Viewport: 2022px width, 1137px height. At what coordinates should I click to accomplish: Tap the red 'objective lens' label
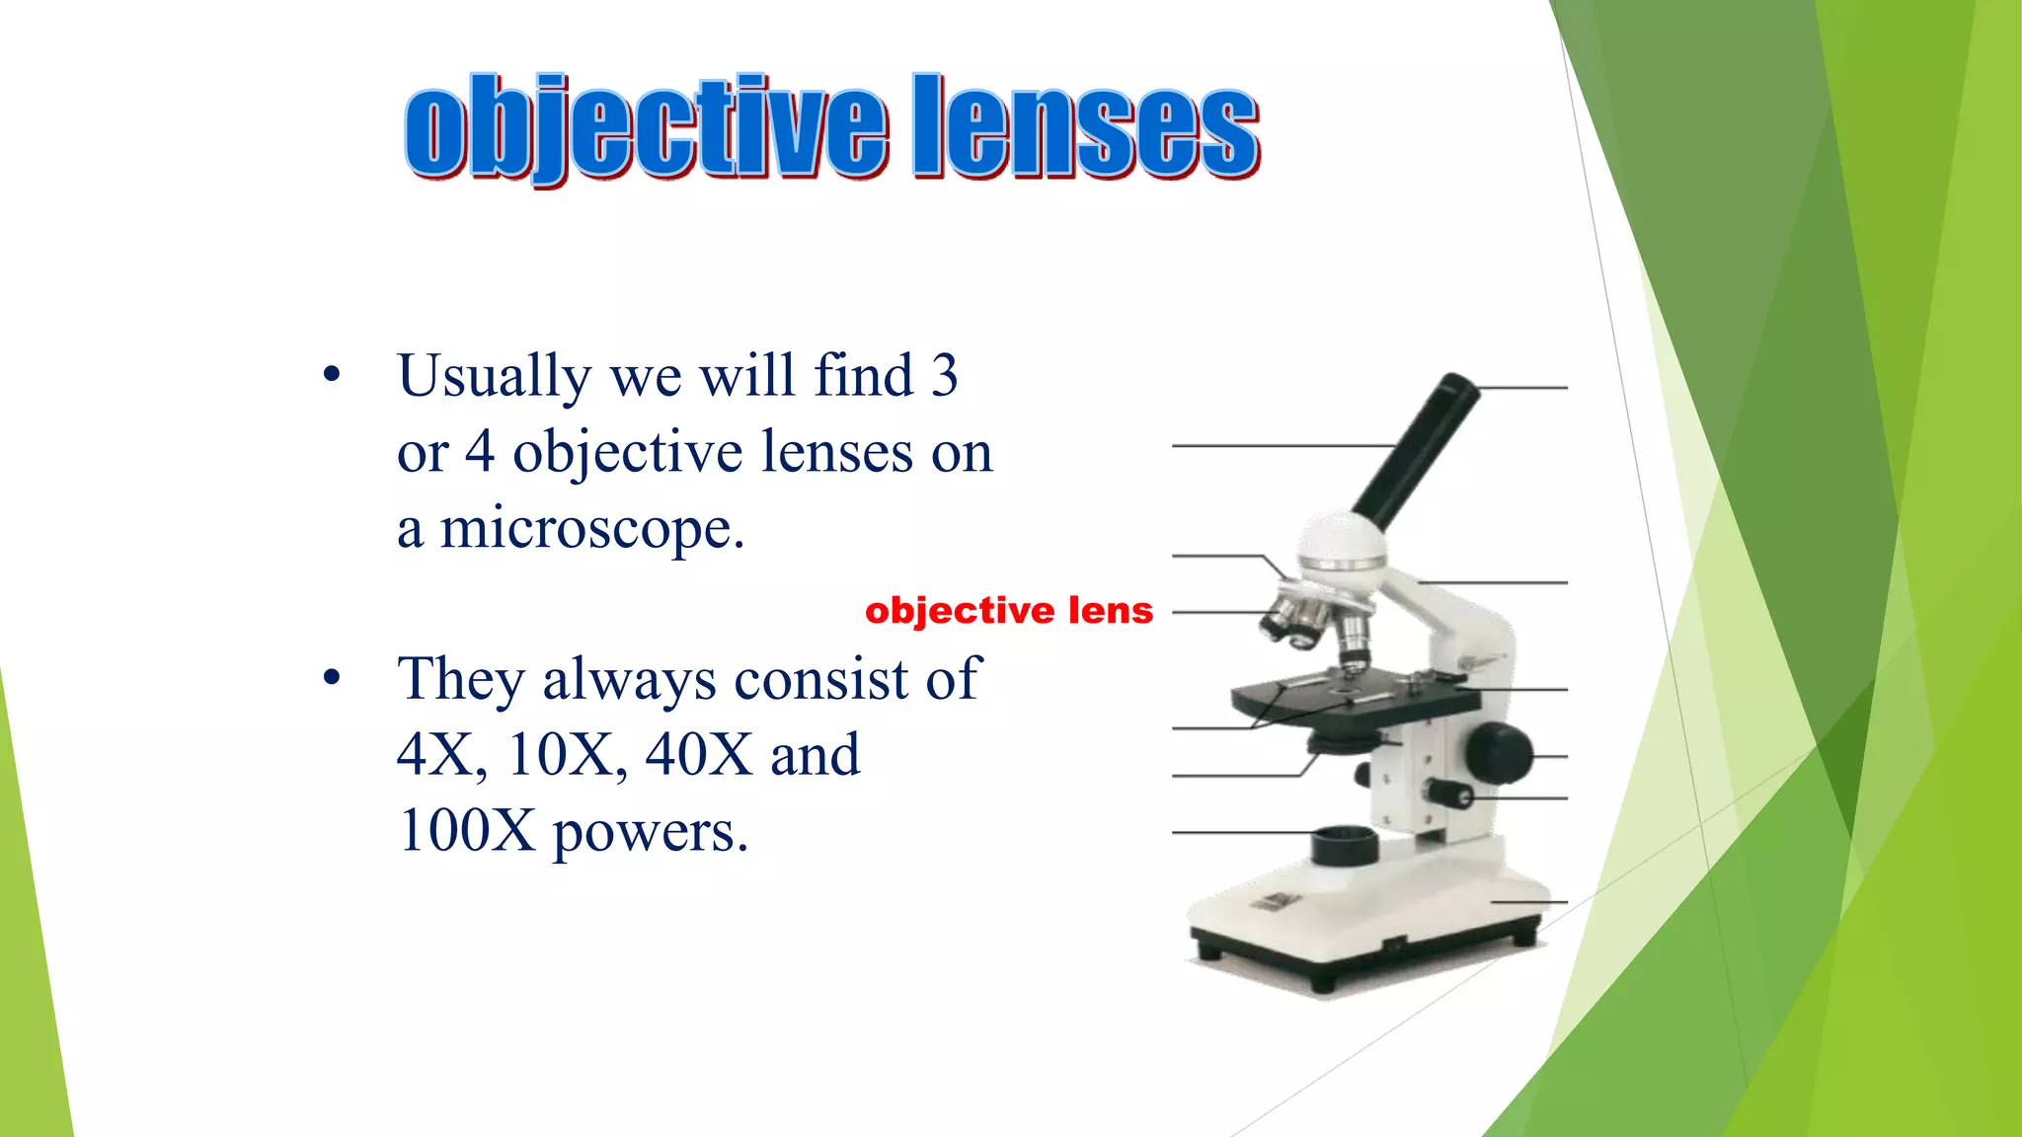[x=1008, y=611]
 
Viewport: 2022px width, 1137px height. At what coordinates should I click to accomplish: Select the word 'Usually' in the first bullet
[x=494, y=377]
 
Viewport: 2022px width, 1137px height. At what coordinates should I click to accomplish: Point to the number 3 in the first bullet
[x=944, y=375]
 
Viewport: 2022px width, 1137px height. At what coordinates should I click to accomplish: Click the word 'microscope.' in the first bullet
[x=591, y=529]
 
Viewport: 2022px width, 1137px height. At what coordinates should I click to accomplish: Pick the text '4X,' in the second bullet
[x=441, y=755]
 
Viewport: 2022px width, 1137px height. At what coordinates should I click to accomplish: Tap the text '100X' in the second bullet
[x=465, y=831]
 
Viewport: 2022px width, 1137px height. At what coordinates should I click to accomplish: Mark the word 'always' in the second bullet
[x=629, y=681]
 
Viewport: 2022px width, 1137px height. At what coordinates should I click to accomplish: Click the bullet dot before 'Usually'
[x=332, y=374]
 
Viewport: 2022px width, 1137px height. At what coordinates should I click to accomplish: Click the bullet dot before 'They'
[x=332, y=678]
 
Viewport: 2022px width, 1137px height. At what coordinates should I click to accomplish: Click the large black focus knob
[x=1498, y=752]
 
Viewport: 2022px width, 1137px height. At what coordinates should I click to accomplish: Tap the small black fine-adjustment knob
[x=1449, y=793]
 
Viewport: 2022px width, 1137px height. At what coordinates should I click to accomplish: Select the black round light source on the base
[x=1344, y=846]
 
